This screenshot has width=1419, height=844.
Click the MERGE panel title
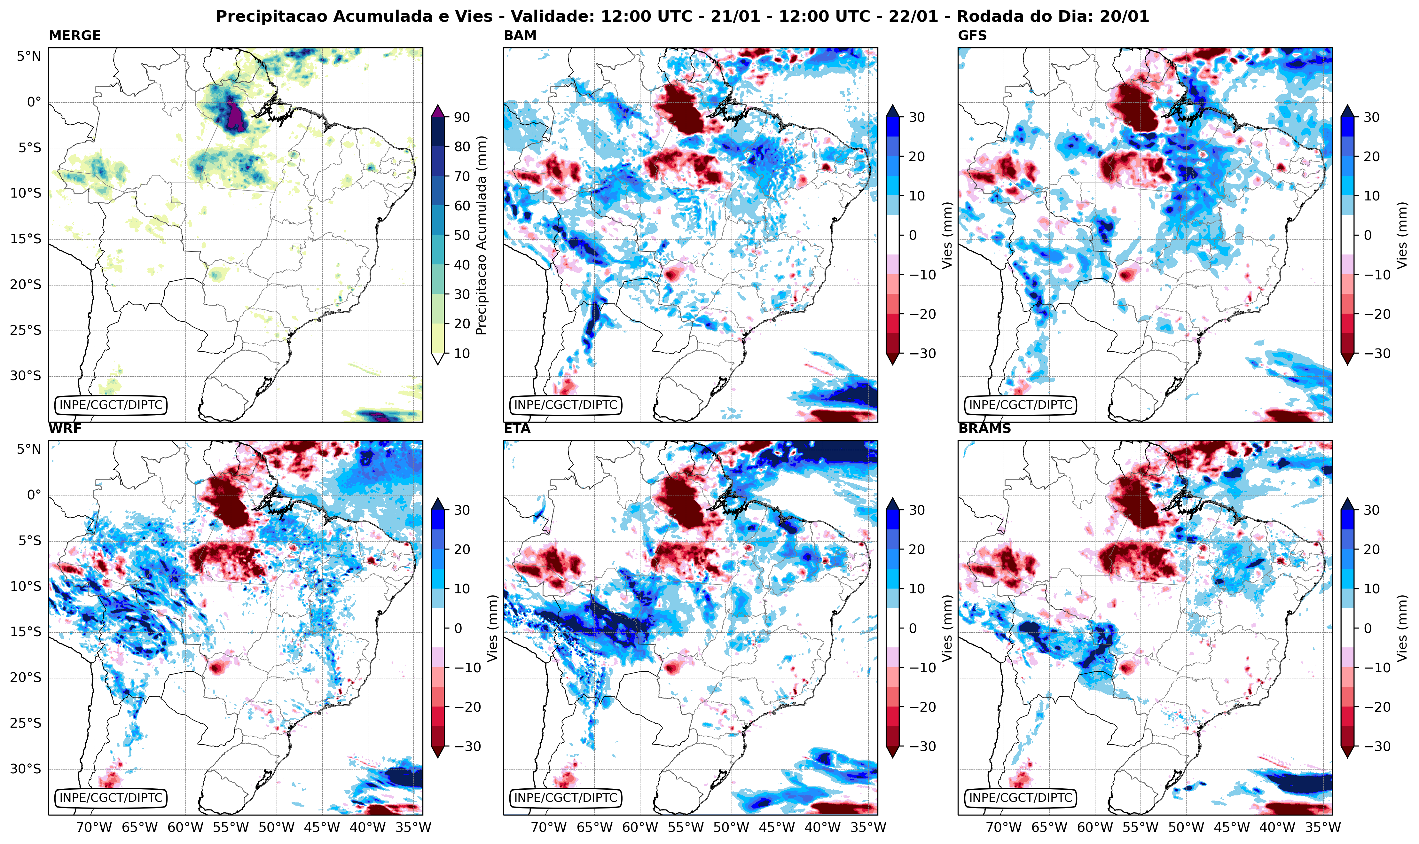coord(74,35)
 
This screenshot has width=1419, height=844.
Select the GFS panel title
coord(973,35)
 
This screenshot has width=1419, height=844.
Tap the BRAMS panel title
coord(984,428)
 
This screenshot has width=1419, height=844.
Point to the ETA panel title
coord(517,428)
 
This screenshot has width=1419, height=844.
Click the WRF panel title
coord(65,428)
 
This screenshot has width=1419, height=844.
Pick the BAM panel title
coord(520,35)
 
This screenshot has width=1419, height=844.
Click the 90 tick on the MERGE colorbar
coord(462,117)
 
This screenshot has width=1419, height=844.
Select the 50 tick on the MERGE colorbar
coord(462,235)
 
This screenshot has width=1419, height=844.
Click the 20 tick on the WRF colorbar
coord(462,549)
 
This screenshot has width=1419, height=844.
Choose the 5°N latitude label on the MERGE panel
coord(28,56)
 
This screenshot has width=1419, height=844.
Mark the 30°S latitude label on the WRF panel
coord(26,769)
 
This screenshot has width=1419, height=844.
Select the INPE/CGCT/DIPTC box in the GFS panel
coord(1020,405)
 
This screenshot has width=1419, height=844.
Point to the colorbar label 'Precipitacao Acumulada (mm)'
coord(481,235)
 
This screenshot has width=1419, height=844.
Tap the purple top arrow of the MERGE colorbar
coord(437,111)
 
